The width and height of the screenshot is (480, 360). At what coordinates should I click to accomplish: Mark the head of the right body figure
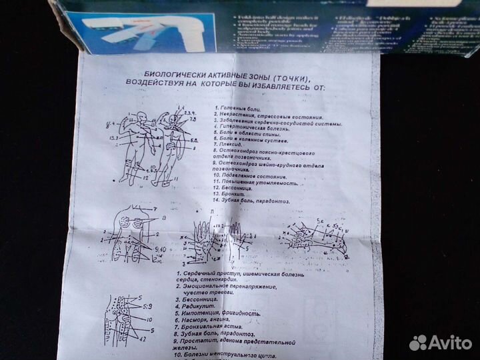173,120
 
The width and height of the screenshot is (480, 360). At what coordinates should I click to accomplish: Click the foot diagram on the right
313,233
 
